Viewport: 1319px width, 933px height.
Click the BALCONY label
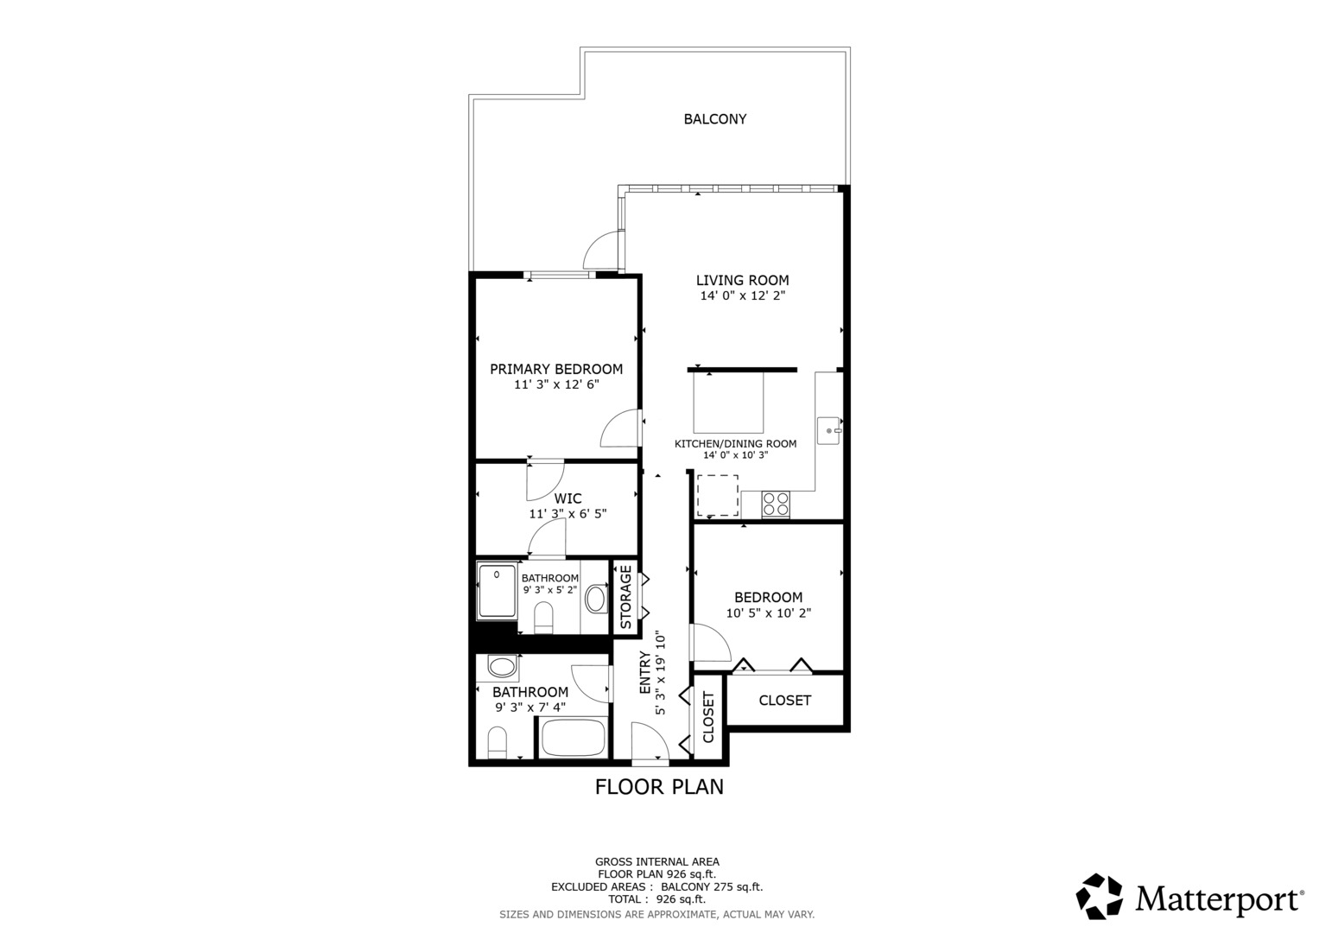pyautogui.click(x=714, y=119)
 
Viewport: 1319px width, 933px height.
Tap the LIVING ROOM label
pyautogui.click(x=742, y=280)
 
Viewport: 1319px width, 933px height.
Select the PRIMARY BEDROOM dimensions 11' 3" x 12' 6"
pyautogui.click(x=556, y=384)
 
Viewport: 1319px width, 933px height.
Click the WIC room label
pyautogui.click(x=568, y=498)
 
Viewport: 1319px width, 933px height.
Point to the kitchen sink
pyautogui.click(x=828, y=430)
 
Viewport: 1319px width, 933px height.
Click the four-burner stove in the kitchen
pyautogui.click(x=776, y=504)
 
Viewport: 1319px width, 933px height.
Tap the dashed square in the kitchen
pyautogui.click(x=717, y=495)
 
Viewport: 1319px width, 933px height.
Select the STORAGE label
pyautogui.click(x=625, y=596)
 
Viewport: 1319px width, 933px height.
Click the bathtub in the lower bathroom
pyautogui.click(x=572, y=738)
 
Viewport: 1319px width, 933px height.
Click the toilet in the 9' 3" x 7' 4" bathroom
pyautogui.click(x=497, y=743)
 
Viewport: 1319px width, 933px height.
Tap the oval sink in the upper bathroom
pyautogui.click(x=595, y=598)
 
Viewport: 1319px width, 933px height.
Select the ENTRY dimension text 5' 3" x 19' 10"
pyautogui.click(x=661, y=673)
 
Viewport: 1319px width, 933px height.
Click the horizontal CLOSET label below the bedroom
pyautogui.click(x=784, y=701)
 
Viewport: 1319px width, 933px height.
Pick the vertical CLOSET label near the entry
pyautogui.click(x=708, y=717)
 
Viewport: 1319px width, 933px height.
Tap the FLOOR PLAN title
pyautogui.click(x=659, y=787)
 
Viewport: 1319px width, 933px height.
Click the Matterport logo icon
pyautogui.click(x=1099, y=897)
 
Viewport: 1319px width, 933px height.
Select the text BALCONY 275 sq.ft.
pyautogui.click(x=712, y=886)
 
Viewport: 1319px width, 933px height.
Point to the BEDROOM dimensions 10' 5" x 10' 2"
pyautogui.click(x=768, y=613)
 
